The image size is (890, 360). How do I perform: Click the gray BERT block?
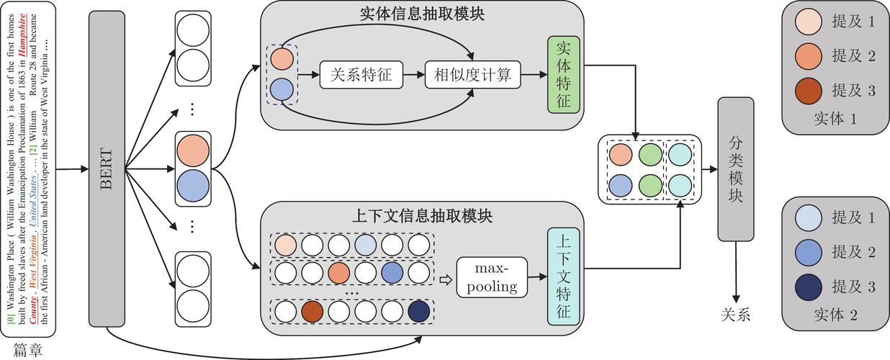[107, 169]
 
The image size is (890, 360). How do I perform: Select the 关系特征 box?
[361, 74]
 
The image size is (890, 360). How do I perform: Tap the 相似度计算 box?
[472, 74]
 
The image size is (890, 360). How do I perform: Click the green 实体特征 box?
[563, 74]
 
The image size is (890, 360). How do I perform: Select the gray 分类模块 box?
[735, 169]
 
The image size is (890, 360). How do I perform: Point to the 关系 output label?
[735, 314]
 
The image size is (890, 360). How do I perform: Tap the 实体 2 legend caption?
[835, 314]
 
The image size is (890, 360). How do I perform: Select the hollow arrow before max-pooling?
[446, 277]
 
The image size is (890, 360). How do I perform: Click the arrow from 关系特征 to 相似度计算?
[413, 74]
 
